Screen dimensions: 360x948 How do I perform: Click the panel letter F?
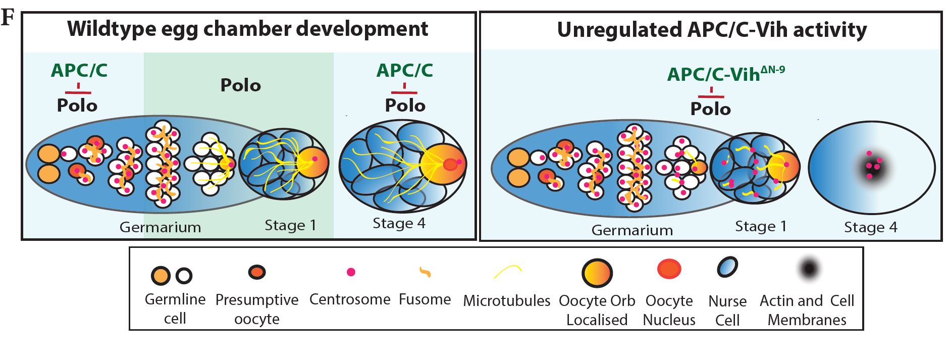pyautogui.click(x=7, y=19)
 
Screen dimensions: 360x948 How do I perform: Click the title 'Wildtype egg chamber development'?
pyautogui.click(x=247, y=29)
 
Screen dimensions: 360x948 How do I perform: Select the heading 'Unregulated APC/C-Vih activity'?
pyautogui.click(x=712, y=30)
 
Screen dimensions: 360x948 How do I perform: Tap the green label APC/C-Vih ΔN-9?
pyautogui.click(x=725, y=74)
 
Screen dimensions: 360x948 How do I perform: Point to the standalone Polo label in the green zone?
pyautogui.click(x=241, y=85)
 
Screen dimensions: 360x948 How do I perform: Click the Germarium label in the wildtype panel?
pyautogui.click(x=160, y=227)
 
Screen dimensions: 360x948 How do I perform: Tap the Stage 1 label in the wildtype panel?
pyautogui.click(x=290, y=225)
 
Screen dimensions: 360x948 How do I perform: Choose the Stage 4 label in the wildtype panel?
pyautogui.click(x=399, y=223)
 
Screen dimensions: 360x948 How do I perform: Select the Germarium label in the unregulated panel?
pyautogui.click(x=632, y=230)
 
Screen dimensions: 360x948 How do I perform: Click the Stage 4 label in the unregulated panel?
pyautogui.click(x=871, y=227)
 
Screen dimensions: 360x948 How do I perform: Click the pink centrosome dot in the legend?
pyautogui.click(x=351, y=272)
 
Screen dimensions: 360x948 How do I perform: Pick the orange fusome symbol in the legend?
pyautogui.click(x=425, y=273)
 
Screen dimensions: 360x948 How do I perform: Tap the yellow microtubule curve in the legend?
pyautogui.click(x=507, y=272)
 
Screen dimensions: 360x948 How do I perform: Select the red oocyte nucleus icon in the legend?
pyautogui.click(x=669, y=269)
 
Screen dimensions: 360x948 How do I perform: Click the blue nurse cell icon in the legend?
pyautogui.click(x=727, y=267)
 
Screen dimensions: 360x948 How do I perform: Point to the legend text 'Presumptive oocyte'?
pyautogui.click(x=257, y=309)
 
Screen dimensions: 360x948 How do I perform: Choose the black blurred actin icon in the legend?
pyautogui.click(x=809, y=269)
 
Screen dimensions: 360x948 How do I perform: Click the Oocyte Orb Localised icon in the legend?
pyautogui.click(x=597, y=273)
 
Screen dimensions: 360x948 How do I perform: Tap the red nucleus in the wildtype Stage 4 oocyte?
pyautogui.click(x=449, y=164)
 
